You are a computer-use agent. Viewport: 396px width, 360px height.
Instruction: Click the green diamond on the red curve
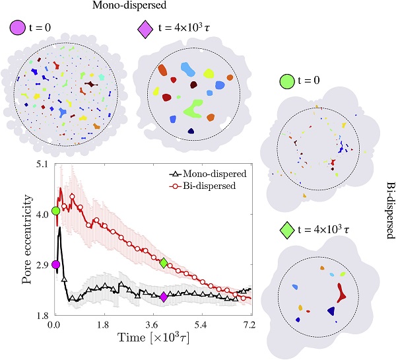[x=164, y=263]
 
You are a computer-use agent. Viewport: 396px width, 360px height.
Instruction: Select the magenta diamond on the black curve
[x=164, y=297]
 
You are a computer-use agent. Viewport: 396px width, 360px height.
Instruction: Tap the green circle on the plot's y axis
[x=55, y=211]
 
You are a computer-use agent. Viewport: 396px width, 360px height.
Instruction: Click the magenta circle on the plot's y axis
[x=55, y=264]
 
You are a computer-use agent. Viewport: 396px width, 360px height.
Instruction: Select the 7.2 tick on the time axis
[x=250, y=326]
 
